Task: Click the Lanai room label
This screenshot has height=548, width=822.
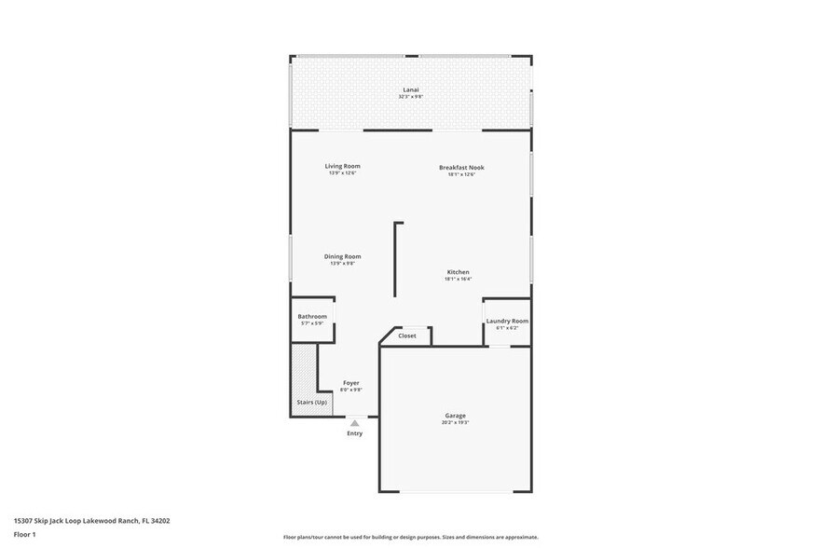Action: point(411,90)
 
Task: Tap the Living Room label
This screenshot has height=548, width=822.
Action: point(342,166)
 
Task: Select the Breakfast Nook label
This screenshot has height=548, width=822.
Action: point(461,168)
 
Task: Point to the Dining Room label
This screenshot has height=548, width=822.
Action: point(342,256)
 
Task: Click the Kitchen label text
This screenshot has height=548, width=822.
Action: point(458,272)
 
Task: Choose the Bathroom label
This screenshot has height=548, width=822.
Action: point(312,317)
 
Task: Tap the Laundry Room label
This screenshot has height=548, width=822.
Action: point(507,321)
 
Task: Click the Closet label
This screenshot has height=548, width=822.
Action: point(407,336)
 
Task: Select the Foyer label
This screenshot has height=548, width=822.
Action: point(351,383)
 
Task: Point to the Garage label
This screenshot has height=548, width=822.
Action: point(455,416)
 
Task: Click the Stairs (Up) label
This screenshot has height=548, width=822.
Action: point(311,402)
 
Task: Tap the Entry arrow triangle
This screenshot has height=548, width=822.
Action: point(354,423)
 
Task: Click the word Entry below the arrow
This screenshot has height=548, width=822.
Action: point(354,433)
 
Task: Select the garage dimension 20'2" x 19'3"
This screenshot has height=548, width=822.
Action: point(455,422)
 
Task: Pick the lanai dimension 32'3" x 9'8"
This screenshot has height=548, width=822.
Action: point(411,97)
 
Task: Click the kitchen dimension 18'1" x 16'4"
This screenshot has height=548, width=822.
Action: point(458,279)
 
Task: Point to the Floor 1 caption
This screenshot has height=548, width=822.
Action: point(25,535)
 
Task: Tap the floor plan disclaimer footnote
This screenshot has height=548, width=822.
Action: point(410,538)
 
